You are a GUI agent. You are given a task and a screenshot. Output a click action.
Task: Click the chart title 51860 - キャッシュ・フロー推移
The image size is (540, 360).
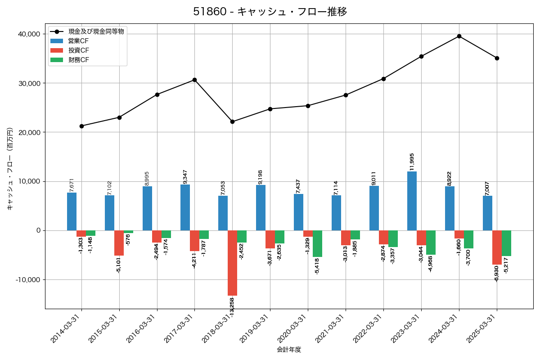point(270,12)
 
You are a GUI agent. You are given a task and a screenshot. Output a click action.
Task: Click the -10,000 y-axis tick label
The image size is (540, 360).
point(27,279)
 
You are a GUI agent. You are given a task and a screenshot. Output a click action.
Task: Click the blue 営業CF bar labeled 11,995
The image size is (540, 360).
point(412,201)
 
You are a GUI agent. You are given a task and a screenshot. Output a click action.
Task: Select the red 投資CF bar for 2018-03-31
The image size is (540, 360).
point(232,263)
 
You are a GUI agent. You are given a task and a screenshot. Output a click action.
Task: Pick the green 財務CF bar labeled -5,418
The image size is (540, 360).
point(317,243)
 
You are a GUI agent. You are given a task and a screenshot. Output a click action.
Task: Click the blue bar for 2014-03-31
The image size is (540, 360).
point(72,211)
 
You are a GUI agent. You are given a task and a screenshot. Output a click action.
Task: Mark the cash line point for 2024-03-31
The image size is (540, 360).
point(459,36)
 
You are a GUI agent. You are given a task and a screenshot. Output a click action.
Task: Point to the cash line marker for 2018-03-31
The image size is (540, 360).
point(232,121)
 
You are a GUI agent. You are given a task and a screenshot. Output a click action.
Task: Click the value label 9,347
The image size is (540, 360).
point(185,175)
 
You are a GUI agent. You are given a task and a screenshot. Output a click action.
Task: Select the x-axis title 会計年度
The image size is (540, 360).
point(289,350)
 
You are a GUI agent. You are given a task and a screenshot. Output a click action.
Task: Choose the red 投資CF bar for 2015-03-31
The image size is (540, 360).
point(119,243)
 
